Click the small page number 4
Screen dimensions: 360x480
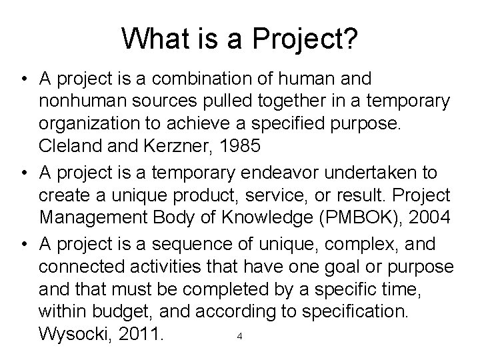239,335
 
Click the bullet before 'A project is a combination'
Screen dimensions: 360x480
23,80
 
